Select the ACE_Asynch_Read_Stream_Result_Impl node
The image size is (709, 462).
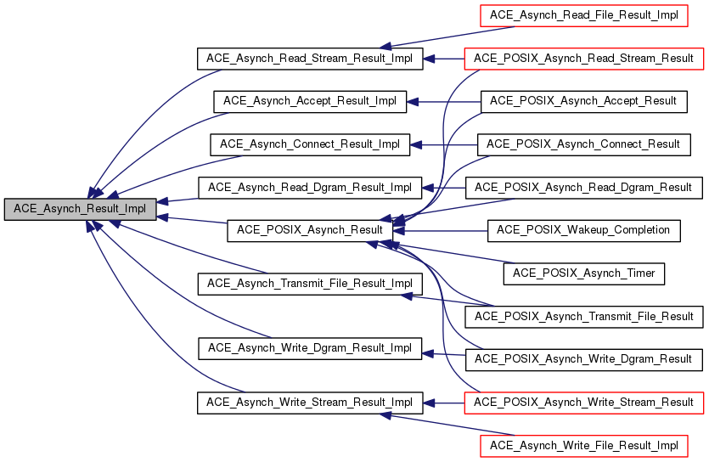pyautogui.click(x=310, y=59)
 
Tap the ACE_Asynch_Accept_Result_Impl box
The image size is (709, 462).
pyautogui.click(x=310, y=101)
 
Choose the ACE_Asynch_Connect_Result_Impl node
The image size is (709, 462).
pyautogui.click(x=310, y=144)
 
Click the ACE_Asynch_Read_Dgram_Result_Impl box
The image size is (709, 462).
pyautogui.click(x=310, y=187)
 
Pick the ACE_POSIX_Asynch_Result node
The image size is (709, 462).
pyautogui.click(x=310, y=230)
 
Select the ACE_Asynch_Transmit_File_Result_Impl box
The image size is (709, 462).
pyautogui.click(x=310, y=283)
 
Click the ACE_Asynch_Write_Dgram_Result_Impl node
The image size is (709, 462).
pyautogui.click(x=310, y=348)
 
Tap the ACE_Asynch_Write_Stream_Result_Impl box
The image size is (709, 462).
pyautogui.click(x=310, y=402)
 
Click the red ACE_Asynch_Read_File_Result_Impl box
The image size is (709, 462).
pyautogui.click(x=583, y=15)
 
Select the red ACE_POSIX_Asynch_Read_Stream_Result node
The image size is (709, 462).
pyautogui.click(x=583, y=59)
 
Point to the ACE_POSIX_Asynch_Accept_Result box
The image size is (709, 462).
pyautogui.click(x=583, y=101)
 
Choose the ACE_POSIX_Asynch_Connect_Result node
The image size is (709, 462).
pyautogui.click(x=583, y=144)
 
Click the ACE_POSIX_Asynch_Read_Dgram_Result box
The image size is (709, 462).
pyautogui.click(x=583, y=187)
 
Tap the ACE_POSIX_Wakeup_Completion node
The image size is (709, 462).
pyautogui.click(x=583, y=230)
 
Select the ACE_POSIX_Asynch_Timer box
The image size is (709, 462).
pyautogui.click(x=583, y=273)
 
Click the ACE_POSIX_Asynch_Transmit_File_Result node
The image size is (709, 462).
pyautogui.click(x=583, y=316)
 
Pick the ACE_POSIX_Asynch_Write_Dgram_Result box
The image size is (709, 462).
pyautogui.click(x=583, y=358)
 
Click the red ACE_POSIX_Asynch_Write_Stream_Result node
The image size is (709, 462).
pyautogui.click(x=583, y=402)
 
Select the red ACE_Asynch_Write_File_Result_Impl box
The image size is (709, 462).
pyautogui.click(x=583, y=445)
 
